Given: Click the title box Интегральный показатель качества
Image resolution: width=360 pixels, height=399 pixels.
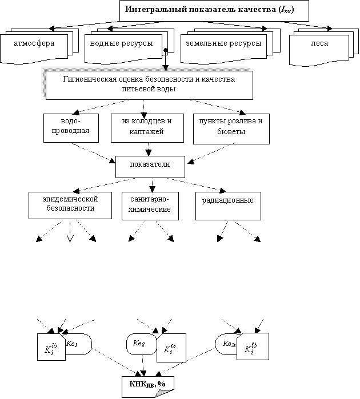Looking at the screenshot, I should (x=214, y=11).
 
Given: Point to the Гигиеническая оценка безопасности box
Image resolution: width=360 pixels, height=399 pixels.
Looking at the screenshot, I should (x=148, y=84).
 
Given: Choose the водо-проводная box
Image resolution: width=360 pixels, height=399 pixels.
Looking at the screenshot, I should (x=70, y=127).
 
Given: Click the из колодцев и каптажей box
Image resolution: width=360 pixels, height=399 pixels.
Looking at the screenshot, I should (x=147, y=127).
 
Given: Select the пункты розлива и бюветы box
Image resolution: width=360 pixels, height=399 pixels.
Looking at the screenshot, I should (x=231, y=127).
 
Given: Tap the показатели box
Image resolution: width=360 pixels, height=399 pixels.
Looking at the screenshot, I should (x=150, y=166).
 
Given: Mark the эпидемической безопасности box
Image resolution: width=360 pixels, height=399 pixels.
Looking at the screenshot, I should (x=70, y=204).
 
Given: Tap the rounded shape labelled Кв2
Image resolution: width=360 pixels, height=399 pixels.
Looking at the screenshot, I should (x=139, y=344).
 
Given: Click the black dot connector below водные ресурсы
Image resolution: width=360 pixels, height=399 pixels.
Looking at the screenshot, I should (x=165, y=50).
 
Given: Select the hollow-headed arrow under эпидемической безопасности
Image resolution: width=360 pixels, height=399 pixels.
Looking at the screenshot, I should (x=70, y=238).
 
